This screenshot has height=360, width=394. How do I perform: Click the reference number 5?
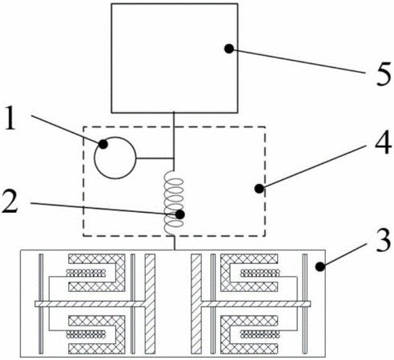[384, 74]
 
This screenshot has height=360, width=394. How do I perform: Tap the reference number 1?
[10, 118]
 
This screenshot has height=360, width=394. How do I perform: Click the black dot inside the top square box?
[229, 49]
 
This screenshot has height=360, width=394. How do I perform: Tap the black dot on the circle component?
[103, 144]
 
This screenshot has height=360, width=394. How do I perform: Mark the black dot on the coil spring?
[180, 214]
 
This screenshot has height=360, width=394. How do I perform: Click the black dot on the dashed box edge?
[259, 189]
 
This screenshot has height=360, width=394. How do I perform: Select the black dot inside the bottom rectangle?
[320, 266]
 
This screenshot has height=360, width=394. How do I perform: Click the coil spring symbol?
[174, 202]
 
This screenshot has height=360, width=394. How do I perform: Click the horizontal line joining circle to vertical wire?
[155, 158]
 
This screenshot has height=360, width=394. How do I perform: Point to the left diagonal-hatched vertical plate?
[150, 304]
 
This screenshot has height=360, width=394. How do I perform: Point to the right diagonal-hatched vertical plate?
[196, 304]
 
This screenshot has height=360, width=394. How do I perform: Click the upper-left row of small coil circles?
[86, 273]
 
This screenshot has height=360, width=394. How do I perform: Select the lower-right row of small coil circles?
[260, 334]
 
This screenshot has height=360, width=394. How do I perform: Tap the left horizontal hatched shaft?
[90, 304]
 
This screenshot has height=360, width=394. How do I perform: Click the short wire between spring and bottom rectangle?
[174, 242]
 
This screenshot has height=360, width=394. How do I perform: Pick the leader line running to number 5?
[299, 62]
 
